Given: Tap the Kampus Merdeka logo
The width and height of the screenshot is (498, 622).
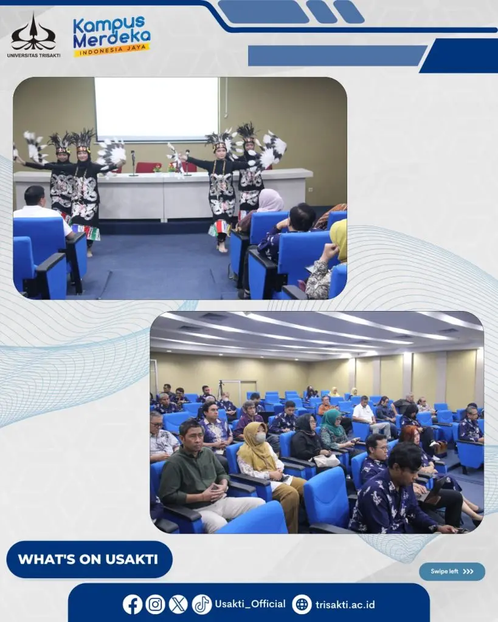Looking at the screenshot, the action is (x=112, y=36).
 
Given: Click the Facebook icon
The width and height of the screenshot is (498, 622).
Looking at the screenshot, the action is (x=132, y=604).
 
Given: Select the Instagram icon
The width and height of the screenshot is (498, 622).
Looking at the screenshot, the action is (x=155, y=604).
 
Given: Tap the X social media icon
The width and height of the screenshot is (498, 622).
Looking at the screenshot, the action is (x=178, y=604).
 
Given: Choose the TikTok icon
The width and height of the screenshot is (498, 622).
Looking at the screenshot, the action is (x=202, y=604).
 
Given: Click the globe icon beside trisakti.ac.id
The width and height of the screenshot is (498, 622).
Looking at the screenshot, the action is (x=302, y=604).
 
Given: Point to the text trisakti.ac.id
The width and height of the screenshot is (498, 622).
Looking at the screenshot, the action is (x=345, y=604).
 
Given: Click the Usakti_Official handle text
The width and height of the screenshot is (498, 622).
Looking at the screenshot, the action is (x=250, y=604).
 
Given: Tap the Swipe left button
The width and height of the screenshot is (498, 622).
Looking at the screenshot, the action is (x=452, y=571).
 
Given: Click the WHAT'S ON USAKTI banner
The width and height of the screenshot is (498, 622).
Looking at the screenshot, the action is (x=89, y=559).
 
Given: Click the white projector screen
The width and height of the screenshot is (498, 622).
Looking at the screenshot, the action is (x=156, y=108).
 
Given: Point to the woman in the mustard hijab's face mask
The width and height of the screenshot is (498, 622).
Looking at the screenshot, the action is (x=260, y=438).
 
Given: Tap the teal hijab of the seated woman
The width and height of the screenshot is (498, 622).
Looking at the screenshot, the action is (x=331, y=423).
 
